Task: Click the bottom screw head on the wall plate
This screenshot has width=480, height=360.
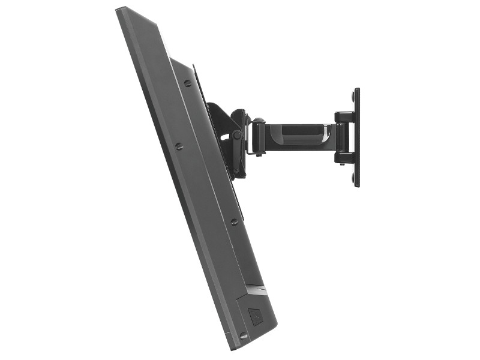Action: (x=352, y=178)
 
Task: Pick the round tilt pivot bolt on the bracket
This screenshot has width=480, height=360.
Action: (x=237, y=135)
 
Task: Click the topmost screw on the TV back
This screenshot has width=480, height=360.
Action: (x=188, y=83)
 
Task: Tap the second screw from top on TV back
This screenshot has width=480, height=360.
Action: (x=178, y=146)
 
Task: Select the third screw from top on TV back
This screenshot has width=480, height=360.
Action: (x=234, y=221)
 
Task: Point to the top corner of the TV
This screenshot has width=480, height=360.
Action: (x=119, y=8)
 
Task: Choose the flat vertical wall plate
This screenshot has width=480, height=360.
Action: (x=357, y=137)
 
